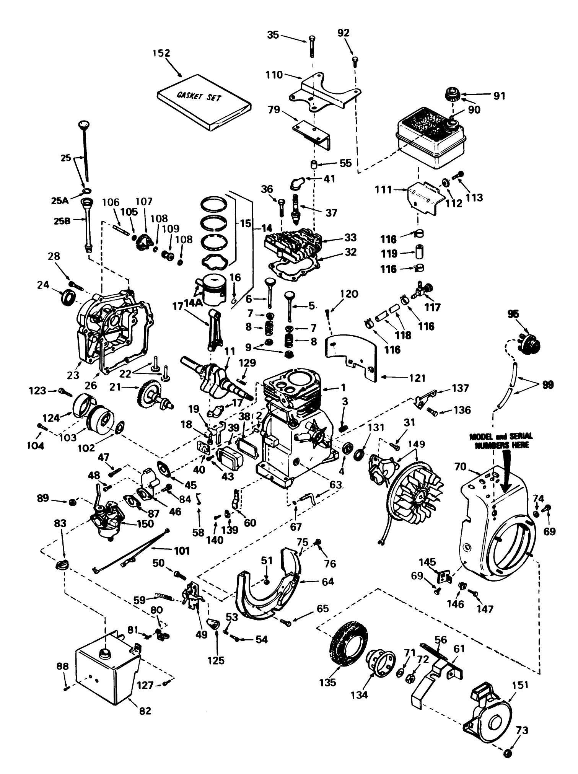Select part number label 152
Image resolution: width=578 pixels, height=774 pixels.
coord(161,53)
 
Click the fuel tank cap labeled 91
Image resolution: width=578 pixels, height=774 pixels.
coord(453,95)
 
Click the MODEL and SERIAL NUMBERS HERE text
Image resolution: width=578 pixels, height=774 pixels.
coord(501,441)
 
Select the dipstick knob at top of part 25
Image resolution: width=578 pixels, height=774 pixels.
coord(83,124)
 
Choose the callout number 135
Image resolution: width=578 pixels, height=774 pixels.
coord(327,682)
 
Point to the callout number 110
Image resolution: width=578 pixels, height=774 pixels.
coord(274,75)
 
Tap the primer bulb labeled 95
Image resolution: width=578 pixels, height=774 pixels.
coord(530,343)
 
